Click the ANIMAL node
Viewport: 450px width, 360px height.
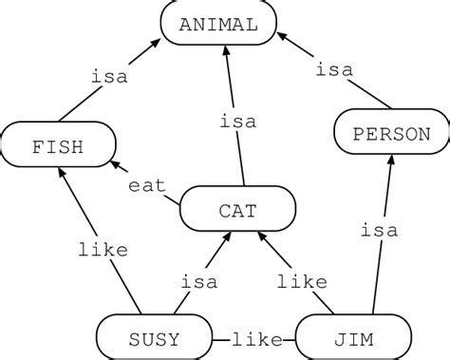pos(217,25)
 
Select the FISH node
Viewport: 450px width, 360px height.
pos(58,147)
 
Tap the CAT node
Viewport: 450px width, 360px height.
pos(237,210)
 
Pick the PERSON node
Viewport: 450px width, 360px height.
pos(390,134)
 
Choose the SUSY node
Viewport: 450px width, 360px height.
pos(154,338)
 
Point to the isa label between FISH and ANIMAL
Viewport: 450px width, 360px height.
pos(110,77)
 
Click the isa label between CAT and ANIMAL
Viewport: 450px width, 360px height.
pos(236,122)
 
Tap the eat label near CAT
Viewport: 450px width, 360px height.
pos(148,184)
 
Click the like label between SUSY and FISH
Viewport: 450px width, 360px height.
pos(97,252)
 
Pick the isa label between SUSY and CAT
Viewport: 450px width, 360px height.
pos(199,281)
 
